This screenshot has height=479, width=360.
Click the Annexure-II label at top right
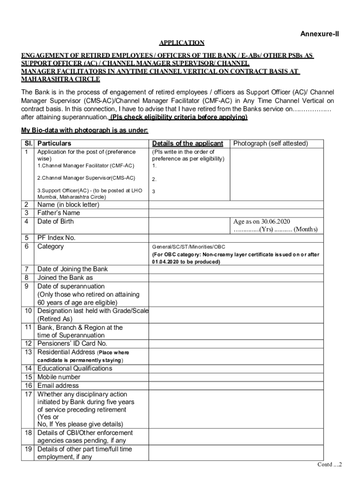click(x=319, y=34)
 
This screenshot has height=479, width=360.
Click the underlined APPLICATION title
click(x=181, y=43)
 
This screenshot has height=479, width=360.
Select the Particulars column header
click(x=54, y=144)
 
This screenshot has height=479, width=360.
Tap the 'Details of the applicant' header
click(x=187, y=144)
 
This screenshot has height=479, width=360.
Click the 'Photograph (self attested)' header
click(x=271, y=144)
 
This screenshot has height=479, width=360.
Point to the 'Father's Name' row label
click(x=58, y=213)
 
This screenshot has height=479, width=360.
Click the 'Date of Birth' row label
click(x=56, y=221)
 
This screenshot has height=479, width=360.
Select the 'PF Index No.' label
click(x=56, y=238)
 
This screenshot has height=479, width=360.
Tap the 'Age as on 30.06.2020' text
click(x=262, y=222)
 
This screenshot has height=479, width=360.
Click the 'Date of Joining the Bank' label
click(x=72, y=269)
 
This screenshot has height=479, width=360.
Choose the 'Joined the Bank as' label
click(x=65, y=277)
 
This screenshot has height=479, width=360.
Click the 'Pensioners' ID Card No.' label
click(x=72, y=343)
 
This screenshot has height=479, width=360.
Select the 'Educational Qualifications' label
click(x=75, y=369)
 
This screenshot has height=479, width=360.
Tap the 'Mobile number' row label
click(x=59, y=377)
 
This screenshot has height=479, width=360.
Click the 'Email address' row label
click(x=58, y=385)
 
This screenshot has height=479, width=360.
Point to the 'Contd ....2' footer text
click(x=330, y=464)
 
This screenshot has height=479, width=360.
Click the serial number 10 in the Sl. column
click(x=28, y=311)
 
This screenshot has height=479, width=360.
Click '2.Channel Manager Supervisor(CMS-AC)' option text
click(x=86, y=178)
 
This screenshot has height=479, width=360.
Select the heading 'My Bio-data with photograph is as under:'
click(x=85, y=130)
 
